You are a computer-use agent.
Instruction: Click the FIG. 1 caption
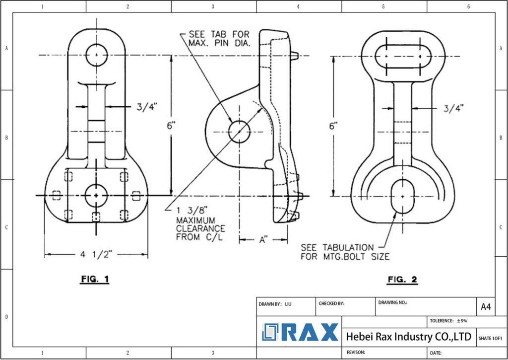[x=94, y=280]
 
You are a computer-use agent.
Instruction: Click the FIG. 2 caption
[x=402, y=280]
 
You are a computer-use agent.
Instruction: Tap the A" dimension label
[x=263, y=240]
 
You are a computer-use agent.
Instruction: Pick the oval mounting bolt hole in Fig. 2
[x=402, y=197]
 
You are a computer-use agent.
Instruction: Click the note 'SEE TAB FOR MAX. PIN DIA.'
[x=219, y=39]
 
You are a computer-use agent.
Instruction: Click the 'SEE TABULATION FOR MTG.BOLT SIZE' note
[x=345, y=252]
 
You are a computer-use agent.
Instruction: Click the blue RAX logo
[x=300, y=332]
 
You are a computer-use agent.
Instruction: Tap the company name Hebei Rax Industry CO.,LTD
[x=408, y=337]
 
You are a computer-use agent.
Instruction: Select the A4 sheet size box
[x=486, y=307]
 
